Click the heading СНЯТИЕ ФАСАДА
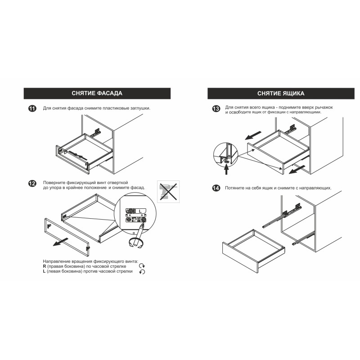[97, 93]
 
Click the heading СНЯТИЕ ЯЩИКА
[281, 94]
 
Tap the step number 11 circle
[32, 108]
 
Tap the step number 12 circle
[32, 184]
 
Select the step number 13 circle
[216, 108]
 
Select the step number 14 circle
[216, 188]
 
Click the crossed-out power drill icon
[168, 192]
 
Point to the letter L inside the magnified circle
[140, 211]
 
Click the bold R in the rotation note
[44, 266]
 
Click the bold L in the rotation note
[44, 271]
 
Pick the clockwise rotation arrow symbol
[142, 266]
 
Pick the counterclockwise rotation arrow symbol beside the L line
[142, 272]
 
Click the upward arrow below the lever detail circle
[227, 170]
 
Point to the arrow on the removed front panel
[61, 242]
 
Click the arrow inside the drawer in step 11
[78, 155]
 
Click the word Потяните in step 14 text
[234, 188]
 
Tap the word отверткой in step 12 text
[117, 183]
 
